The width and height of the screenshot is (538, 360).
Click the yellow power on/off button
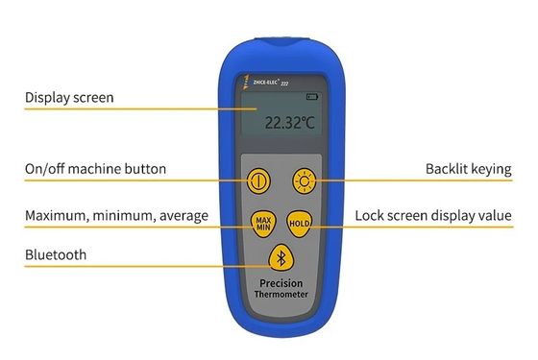click(x=257, y=180)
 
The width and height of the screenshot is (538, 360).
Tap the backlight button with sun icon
click(x=305, y=180)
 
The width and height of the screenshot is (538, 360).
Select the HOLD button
click(x=300, y=224)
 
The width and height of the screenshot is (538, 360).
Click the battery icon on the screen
click(x=311, y=97)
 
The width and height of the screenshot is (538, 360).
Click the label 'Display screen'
click(x=69, y=97)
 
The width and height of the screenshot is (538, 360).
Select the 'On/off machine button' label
click(x=95, y=169)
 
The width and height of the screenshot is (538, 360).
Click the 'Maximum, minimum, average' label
click(x=116, y=215)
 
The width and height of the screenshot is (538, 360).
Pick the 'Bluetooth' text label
click(x=56, y=254)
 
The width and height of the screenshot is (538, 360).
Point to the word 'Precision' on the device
click(x=281, y=284)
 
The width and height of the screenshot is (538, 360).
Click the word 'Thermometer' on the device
click(x=281, y=299)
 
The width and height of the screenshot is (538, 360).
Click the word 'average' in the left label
click(x=181, y=215)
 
